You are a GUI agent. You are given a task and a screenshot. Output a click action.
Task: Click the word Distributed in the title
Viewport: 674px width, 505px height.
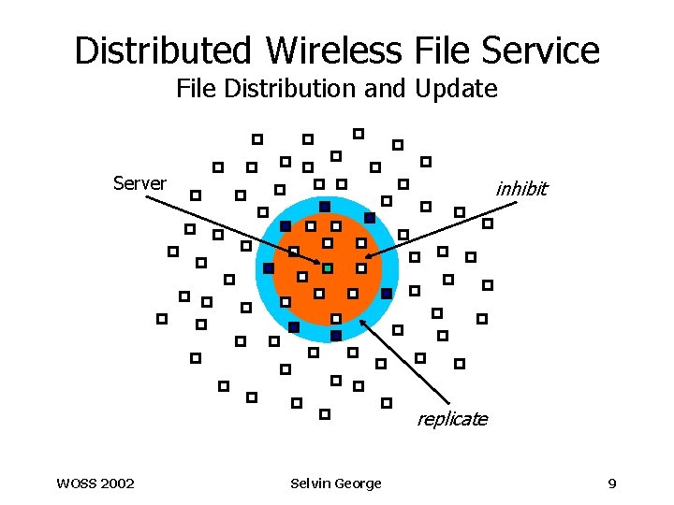pyautogui.click(x=164, y=50)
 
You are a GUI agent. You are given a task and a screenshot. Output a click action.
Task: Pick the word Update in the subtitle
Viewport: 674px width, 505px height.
pyautogui.click(x=459, y=89)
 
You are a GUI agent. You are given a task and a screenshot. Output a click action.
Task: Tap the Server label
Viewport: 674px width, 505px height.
pyautogui.click(x=139, y=183)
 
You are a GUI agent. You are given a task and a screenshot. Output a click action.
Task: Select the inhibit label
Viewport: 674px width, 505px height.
pyautogui.click(x=521, y=189)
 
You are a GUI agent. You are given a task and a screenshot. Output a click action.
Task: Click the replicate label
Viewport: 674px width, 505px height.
pyautogui.click(x=452, y=419)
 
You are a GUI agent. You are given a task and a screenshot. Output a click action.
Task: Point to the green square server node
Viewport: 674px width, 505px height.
pyautogui.click(x=328, y=268)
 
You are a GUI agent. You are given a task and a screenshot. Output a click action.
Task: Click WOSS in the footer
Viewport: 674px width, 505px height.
pyautogui.click(x=76, y=483)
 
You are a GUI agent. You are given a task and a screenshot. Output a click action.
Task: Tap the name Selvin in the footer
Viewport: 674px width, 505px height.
pyautogui.click(x=311, y=483)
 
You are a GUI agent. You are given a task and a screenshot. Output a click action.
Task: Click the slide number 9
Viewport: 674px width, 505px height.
pyautogui.click(x=611, y=483)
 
